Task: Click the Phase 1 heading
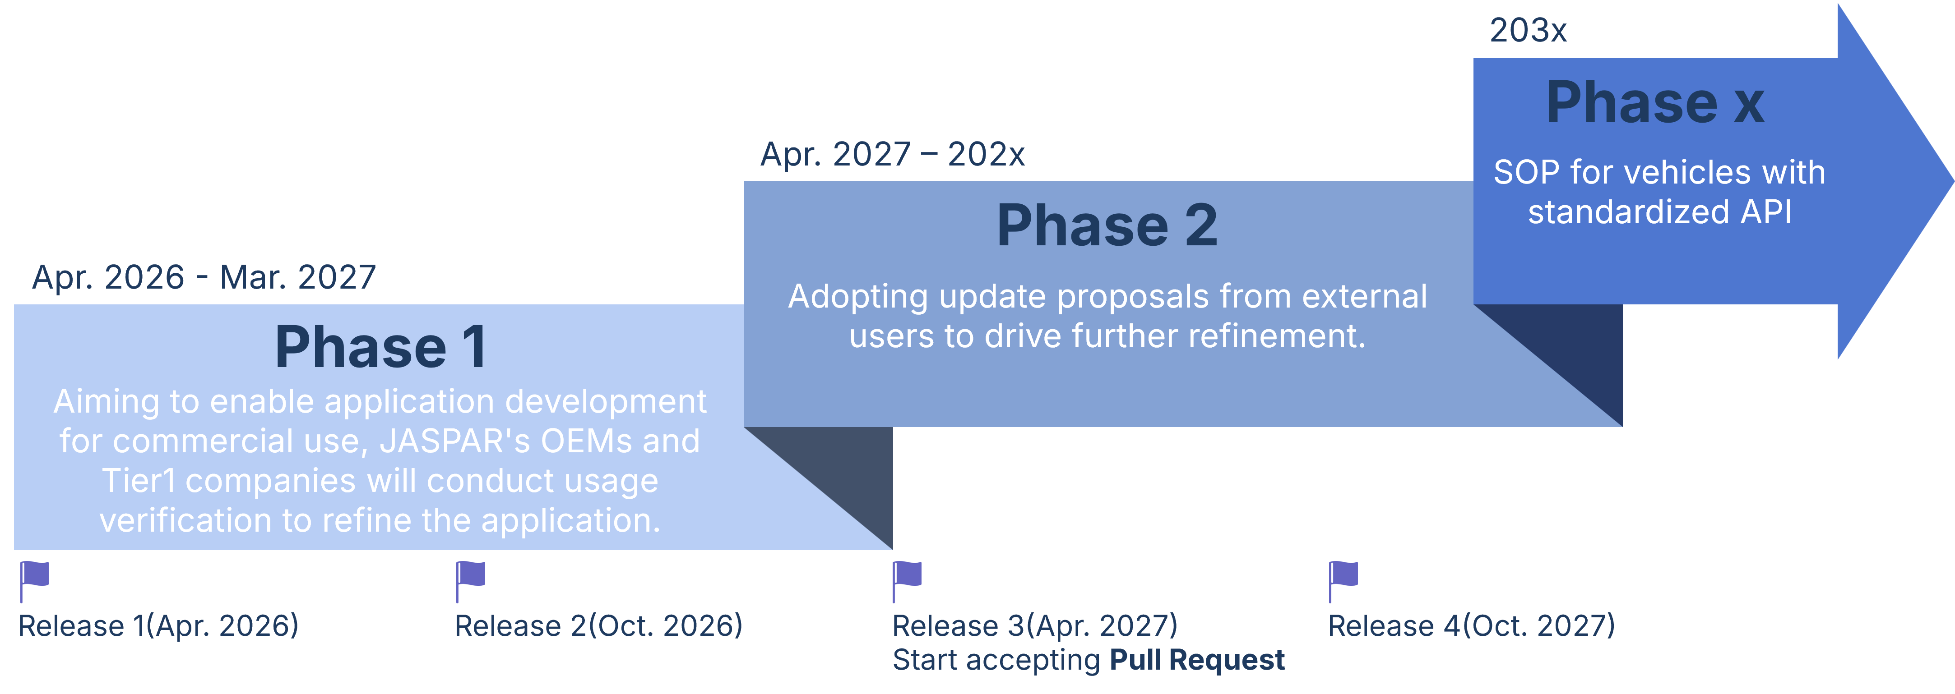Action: [x=380, y=347]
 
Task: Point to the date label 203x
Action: [x=1528, y=30]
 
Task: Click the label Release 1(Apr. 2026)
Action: [x=158, y=626]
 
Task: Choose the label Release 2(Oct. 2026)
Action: [x=598, y=626]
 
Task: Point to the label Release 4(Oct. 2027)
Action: [x=1471, y=626]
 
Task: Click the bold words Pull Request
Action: [x=1197, y=660]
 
